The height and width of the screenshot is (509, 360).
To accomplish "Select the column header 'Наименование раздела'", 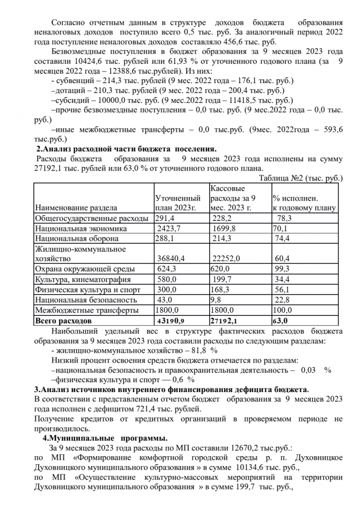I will tap(76, 207).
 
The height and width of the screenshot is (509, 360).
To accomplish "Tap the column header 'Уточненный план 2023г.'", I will tap(178, 203).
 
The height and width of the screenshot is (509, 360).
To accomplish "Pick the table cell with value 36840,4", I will tap(172, 259).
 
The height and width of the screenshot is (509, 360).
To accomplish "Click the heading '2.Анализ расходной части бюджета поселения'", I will tap(127, 148).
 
